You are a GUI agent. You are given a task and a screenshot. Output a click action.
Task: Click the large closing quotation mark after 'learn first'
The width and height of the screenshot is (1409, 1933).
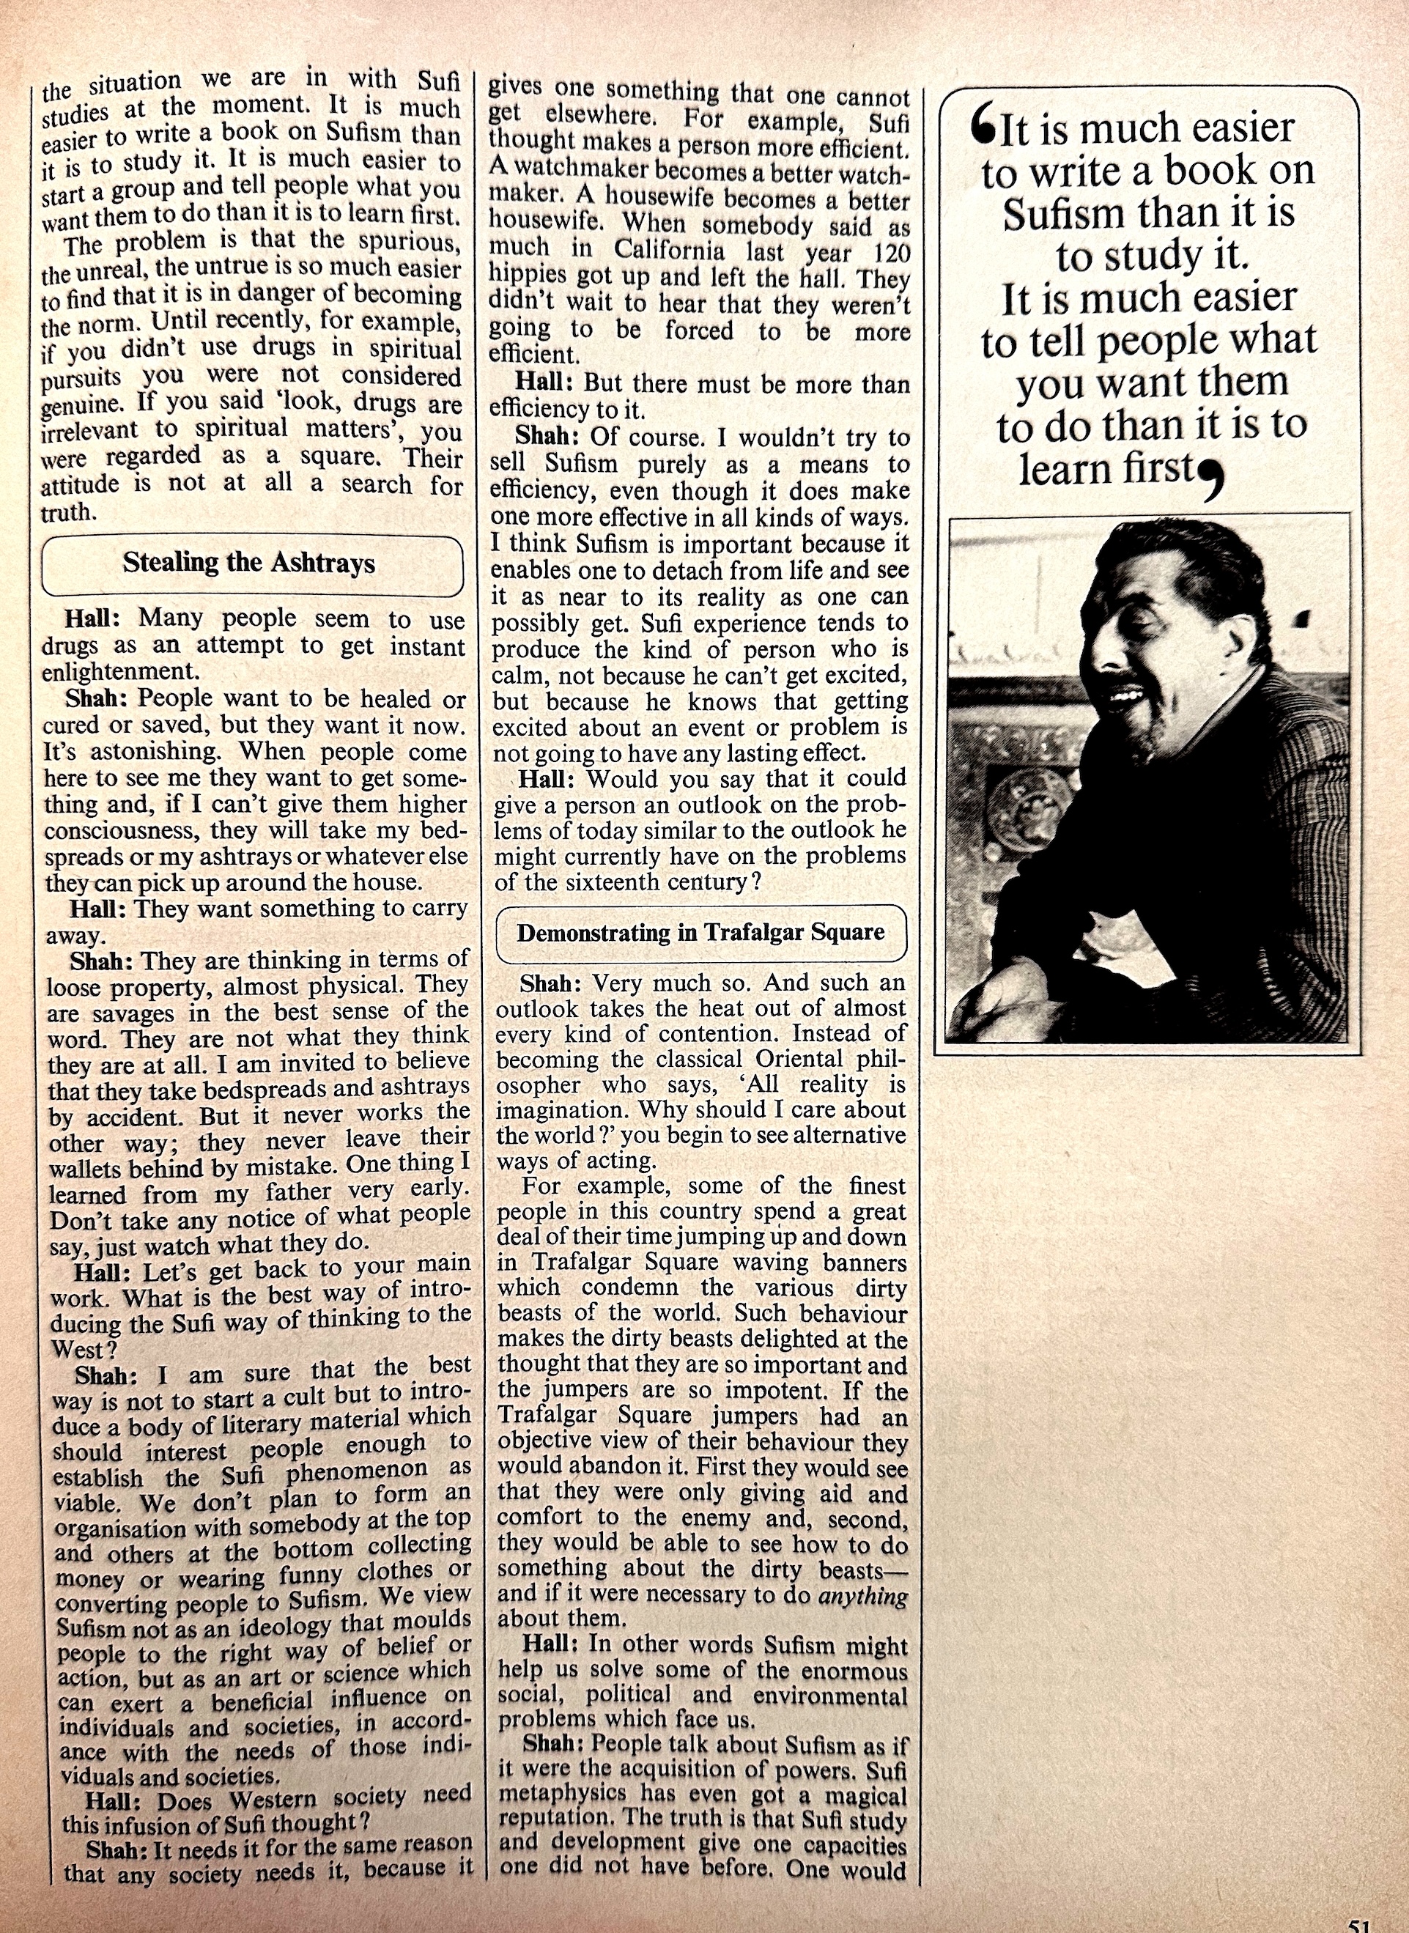[x=1208, y=484]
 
